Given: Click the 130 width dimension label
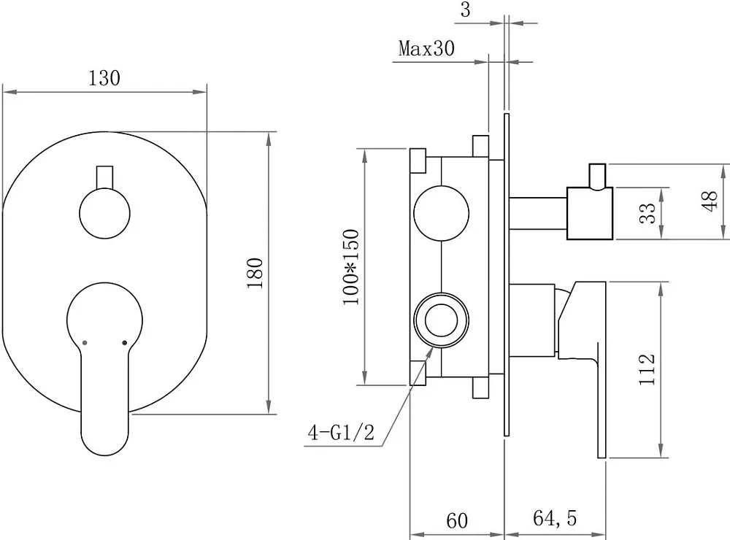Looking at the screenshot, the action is click(104, 78).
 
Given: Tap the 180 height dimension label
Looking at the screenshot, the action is click(255, 273).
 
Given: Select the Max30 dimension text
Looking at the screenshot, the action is click(426, 48).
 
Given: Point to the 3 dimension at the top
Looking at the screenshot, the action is click(466, 9).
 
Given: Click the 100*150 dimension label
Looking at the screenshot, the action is click(352, 267).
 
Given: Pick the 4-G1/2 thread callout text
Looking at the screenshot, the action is click(341, 433).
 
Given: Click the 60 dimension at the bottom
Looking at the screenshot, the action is click(457, 520).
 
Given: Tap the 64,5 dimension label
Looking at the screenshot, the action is click(555, 518).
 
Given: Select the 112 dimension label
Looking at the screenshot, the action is click(647, 369).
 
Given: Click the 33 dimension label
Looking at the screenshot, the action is click(647, 213).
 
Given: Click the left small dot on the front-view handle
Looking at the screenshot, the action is click(84, 343).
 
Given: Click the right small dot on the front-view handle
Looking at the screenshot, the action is click(124, 343).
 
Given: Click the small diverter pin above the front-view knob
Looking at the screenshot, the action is click(104, 177).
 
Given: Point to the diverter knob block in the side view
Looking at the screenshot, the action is click(590, 214).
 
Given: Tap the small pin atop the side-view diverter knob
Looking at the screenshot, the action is click(597, 177).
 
